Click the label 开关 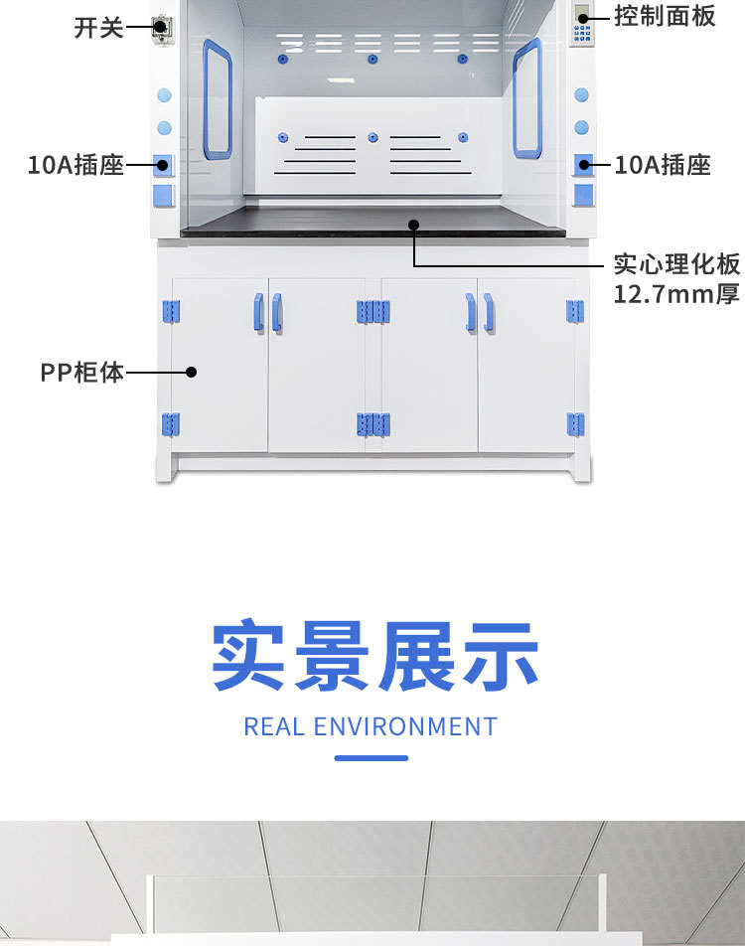click(x=98, y=28)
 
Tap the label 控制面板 click(x=664, y=16)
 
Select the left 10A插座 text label click(x=75, y=165)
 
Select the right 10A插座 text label click(x=663, y=165)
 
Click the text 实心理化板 click(x=675, y=265)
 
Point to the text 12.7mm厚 click(x=675, y=295)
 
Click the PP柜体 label click(x=82, y=373)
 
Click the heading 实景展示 click(x=373, y=657)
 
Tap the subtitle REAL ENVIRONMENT click(x=371, y=726)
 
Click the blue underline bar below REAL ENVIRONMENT click(x=371, y=758)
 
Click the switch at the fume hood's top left click(x=162, y=28)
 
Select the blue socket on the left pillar click(x=164, y=165)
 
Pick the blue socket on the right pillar click(x=583, y=165)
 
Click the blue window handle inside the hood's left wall click(x=218, y=99)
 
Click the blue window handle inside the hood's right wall click(x=527, y=99)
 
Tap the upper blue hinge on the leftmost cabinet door click(x=171, y=312)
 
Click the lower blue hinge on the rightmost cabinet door click(x=575, y=425)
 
